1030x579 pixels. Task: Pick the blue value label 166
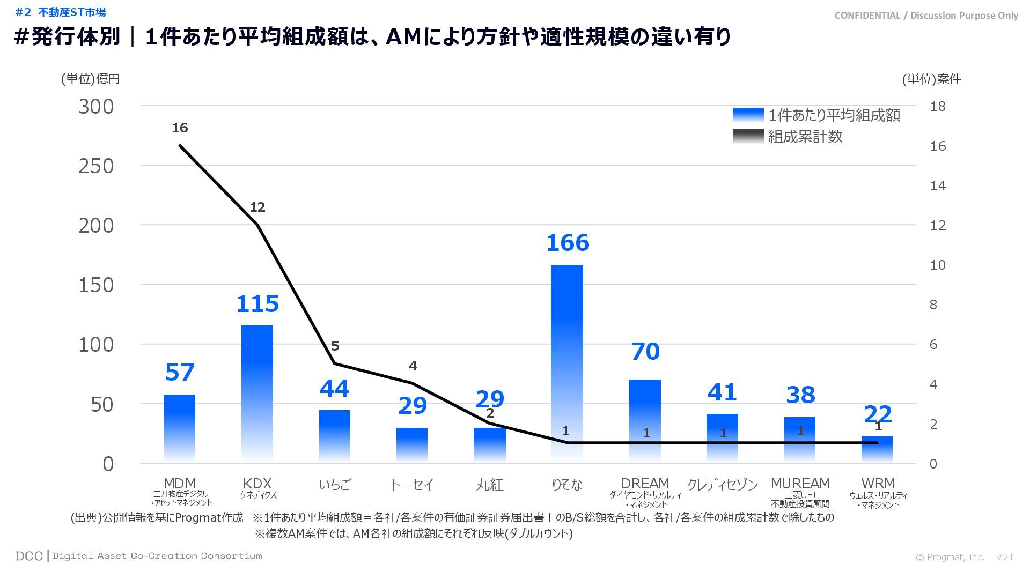(x=568, y=243)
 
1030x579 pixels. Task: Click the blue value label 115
(x=257, y=304)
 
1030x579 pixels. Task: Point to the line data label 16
(x=180, y=128)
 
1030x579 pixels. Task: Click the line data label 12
(x=257, y=207)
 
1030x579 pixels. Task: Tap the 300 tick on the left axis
(x=97, y=107)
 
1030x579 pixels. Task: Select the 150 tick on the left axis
(x=97, y=285)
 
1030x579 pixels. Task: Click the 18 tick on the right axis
(x=938, y=106)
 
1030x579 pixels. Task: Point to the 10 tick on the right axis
(x=938, y=265)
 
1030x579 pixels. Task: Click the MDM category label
(x=180, y=484)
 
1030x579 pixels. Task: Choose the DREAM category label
(x=645, y=484)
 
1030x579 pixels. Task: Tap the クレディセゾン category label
(x=722, y=485)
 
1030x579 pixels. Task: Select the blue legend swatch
(x=748, y=115)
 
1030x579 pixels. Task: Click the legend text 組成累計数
(x=805, y=137)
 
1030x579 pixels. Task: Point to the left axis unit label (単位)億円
(x=90, y=79)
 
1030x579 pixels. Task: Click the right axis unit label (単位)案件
(x=931, y=79)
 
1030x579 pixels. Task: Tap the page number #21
(x=1005, y=557)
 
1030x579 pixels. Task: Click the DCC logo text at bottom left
(x=29, y=556)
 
